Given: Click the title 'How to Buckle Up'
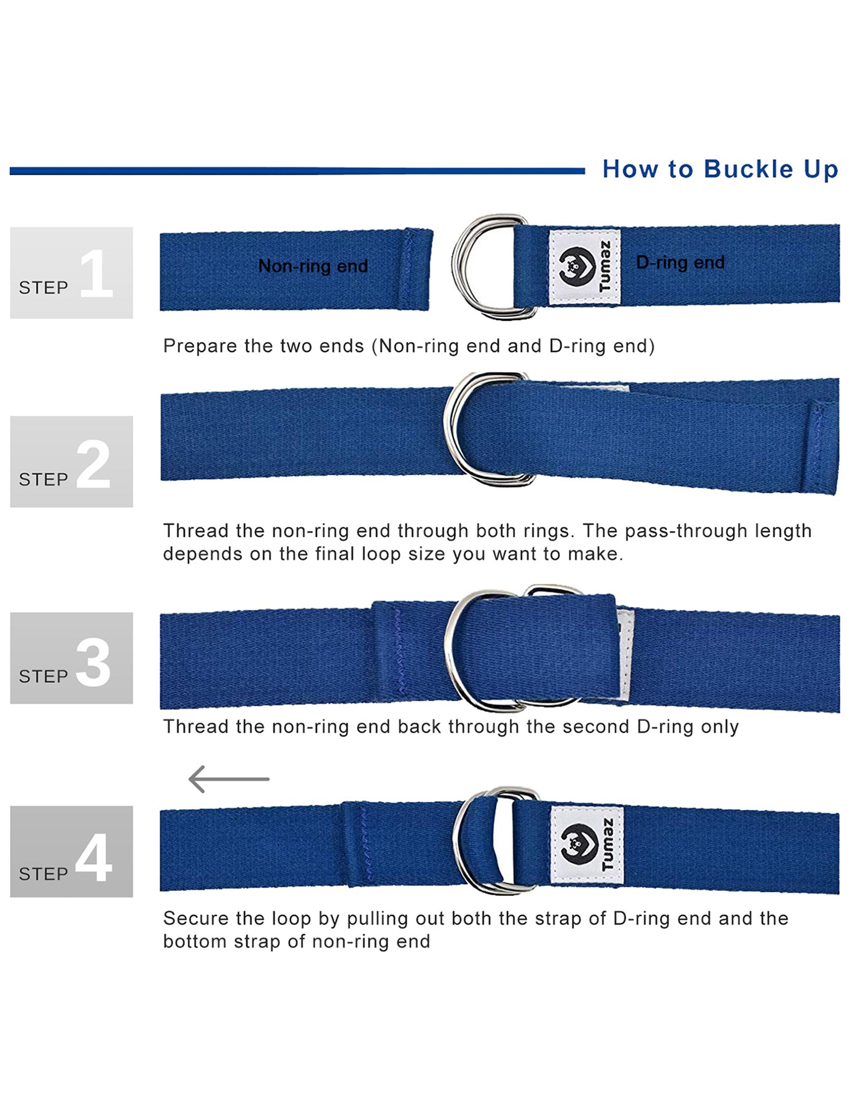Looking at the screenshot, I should tap(720, 170).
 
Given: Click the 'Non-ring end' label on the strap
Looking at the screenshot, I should tap(313, 266).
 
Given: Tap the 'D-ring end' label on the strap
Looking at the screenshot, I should tap(680, 262).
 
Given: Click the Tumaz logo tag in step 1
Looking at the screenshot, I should tap(584, 267).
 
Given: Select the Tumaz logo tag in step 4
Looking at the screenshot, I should tap(587, 845).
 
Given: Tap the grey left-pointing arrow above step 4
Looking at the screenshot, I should tap(229, 779).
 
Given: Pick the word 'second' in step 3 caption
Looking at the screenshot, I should tap(600, 727).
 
